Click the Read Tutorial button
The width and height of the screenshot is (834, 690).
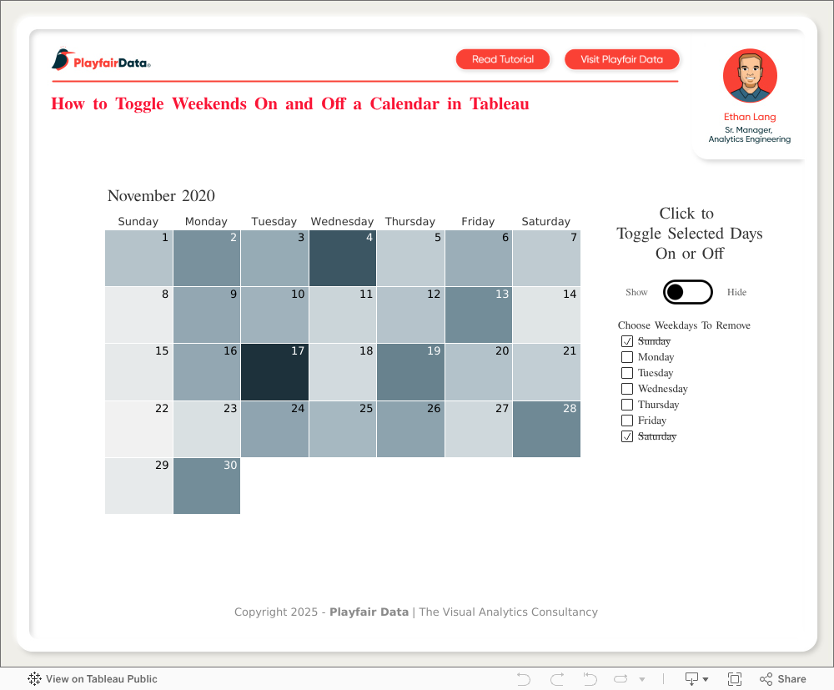tap(503, 59)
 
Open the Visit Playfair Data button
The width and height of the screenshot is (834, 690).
tap(622, 59)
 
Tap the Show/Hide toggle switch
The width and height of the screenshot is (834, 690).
tap(688, 292)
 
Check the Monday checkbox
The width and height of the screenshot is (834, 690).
tap(628, 357)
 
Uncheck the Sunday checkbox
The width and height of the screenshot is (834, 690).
tap(628, 341)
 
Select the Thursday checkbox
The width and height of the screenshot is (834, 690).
tap(628, 405)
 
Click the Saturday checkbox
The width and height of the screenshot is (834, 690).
tap(628, 436)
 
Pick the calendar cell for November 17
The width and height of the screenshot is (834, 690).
tap(274, 372)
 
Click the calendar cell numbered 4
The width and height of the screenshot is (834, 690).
tap(343, 258)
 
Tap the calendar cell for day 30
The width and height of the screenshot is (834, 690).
tap(207, 486)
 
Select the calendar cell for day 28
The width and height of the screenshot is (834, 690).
tap(546, 429)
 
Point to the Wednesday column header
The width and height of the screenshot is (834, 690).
tap(342, 221)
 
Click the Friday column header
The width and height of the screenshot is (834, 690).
tap(478, 221)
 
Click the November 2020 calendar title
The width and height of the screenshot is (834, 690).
tap(161, 196)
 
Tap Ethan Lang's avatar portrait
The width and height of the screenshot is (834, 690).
tap(750, 76)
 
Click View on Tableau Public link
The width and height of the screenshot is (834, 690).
tap(93, 679)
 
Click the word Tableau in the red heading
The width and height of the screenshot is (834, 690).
tap(500, 103)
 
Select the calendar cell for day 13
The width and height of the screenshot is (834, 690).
tap(479, 315)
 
